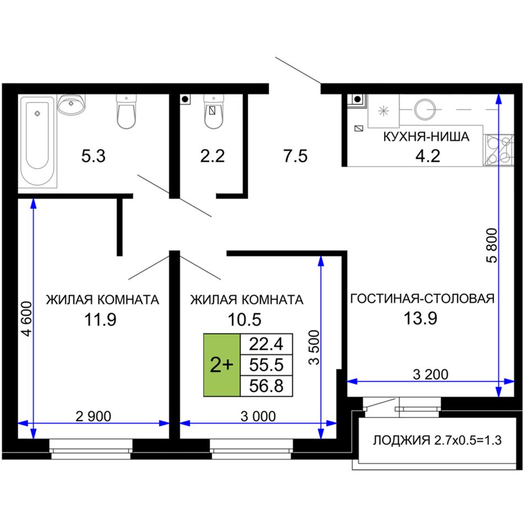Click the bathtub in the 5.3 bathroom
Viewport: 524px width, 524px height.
pos(38,142)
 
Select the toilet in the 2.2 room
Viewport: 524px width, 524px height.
pos(213,111)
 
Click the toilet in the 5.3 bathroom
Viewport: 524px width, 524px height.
pos(126,111)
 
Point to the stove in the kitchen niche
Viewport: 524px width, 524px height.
pos(498,150)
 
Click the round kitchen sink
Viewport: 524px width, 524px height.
pos(425,109)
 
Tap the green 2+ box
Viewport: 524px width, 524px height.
pos(222,365)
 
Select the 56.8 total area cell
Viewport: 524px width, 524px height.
pos(266,386)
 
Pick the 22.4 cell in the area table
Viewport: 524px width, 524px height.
pos(266,344)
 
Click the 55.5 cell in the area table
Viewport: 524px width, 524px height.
pos(266,365)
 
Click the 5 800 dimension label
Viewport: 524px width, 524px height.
pos(492,245)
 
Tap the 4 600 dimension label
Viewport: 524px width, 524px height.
pos(26,319)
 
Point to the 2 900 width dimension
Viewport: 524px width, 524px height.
pos(93,416)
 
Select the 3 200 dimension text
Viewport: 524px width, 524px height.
pos(430,375)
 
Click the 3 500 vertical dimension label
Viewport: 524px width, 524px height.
pos(314,347)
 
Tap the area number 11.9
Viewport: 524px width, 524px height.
pos(100,319)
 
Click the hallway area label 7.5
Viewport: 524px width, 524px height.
pos(296,156)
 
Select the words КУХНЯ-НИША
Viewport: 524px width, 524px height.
pos(426,137)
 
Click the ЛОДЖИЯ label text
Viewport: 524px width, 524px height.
pos(402,441)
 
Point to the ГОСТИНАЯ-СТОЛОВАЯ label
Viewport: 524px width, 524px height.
pos(422,298)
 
